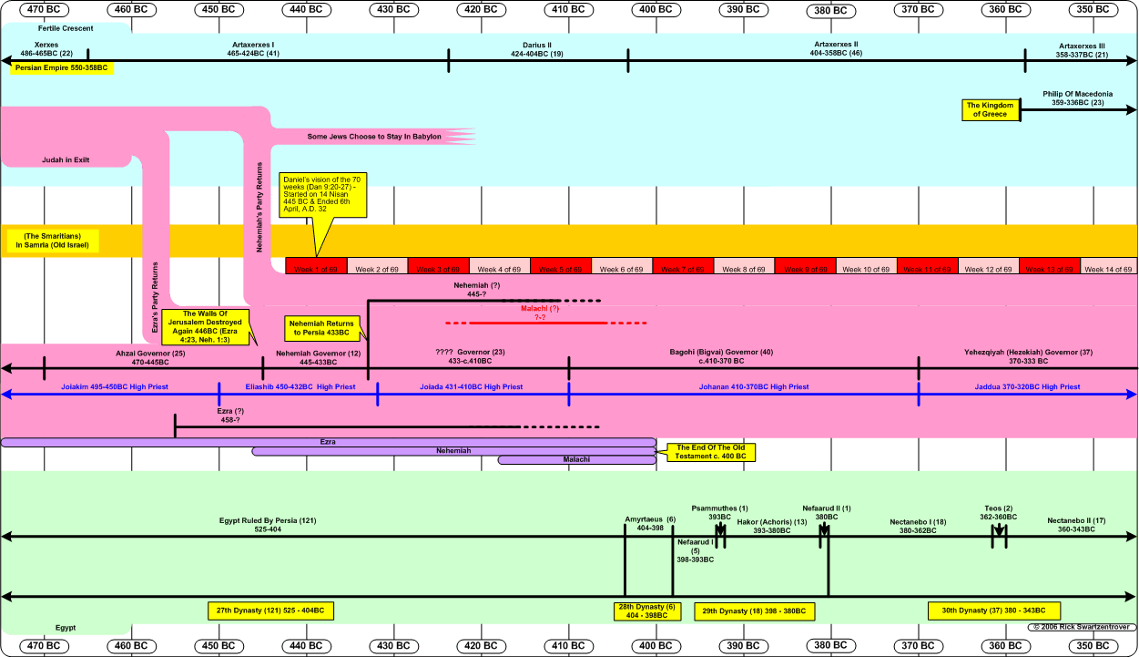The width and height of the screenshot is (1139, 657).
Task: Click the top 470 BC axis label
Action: point(44,9)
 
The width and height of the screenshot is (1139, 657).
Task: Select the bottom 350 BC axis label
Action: point(1093,646)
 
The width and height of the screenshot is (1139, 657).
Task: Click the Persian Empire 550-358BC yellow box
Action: point(63,68)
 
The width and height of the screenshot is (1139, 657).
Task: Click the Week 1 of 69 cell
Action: point(316,269)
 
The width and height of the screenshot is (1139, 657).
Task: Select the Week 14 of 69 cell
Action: point(1108,269)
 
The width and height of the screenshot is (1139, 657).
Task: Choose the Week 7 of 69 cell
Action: point(683,269)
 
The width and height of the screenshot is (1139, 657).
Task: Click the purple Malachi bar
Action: point(576,459)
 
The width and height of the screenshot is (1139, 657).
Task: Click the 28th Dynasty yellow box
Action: point(646,611)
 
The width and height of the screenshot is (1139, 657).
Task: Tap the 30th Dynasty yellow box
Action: point(992,611)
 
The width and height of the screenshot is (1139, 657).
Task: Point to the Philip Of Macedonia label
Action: point(1078,98)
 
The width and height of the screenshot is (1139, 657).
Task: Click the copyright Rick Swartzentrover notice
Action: point(1083,627)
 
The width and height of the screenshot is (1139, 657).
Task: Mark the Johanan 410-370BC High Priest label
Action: point(741,387)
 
